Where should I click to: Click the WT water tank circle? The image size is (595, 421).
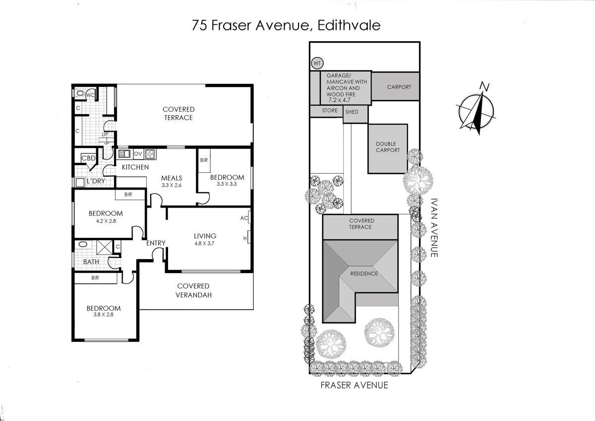317,64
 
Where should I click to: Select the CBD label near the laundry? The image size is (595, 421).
88,158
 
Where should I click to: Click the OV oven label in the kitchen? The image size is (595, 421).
138,153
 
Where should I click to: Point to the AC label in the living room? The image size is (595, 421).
244,218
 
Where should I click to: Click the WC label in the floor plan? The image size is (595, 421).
91,94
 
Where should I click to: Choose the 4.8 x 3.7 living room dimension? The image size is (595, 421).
205,243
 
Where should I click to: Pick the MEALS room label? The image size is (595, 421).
172,178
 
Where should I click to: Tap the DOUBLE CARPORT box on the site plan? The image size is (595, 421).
387,147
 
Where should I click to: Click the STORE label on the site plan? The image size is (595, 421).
330,111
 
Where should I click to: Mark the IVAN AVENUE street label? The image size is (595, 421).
434,228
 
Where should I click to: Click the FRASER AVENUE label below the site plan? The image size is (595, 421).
354,385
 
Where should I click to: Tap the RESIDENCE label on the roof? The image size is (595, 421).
364,274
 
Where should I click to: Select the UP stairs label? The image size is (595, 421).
105,135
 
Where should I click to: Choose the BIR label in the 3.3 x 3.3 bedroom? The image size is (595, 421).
204,160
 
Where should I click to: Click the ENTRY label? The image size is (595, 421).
156,243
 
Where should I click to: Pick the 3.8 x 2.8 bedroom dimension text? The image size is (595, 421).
104,314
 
